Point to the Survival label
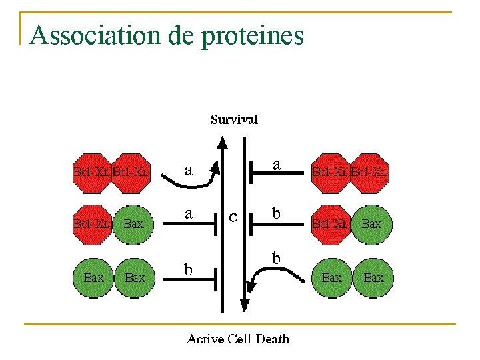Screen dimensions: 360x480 234,120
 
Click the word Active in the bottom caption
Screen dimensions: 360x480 206,339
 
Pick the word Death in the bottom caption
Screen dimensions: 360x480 273,339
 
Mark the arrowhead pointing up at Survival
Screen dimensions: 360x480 222,142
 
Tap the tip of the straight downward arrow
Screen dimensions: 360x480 244,308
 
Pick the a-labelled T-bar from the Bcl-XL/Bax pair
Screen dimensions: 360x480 190,224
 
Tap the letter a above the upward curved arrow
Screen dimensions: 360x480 189,170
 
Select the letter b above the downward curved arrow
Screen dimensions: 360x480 275,257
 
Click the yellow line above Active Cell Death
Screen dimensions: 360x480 240,325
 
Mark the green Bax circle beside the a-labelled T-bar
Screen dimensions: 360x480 134,224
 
